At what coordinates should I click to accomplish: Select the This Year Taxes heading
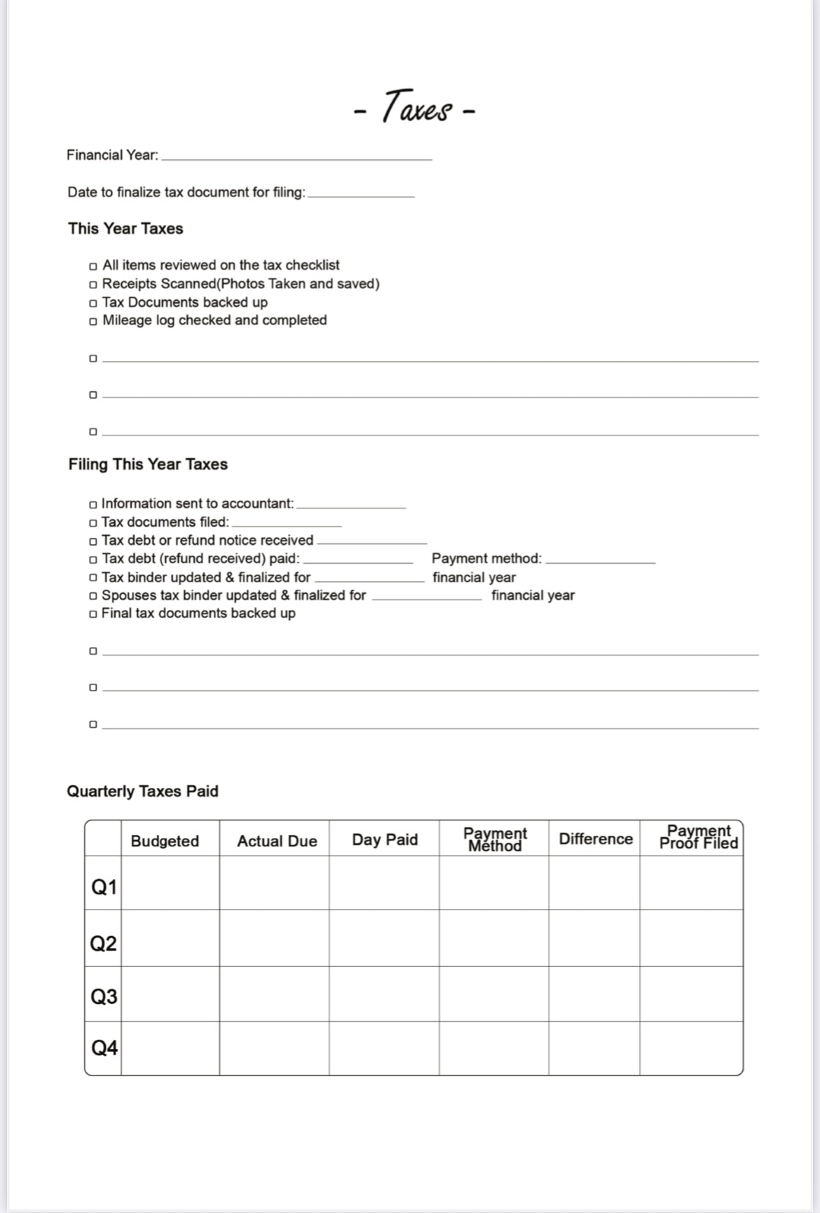pyautogui.click(x=125, y=229)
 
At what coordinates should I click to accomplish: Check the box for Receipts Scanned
pyautogui.click(x=93, y=285)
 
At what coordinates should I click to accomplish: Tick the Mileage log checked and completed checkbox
pyautogui.click(x=93, y=321)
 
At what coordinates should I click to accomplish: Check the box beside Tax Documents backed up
pyautogui.click(x=93, y=303)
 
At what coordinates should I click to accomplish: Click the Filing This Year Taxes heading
pyautogui.click(x=148, y=464)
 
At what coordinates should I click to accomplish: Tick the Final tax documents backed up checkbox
pyautogui.click(x=93, y=614)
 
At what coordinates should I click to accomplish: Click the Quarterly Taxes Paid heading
pyautogui.click(x=142, y=791)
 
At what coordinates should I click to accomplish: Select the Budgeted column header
pyautogui.click(x=165, y=841)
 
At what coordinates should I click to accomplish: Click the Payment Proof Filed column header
pyautogui.click(x=698, y=837)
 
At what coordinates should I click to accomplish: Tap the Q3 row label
pyautogui.click(x=104, y=996)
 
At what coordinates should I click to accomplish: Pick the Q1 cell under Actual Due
pyautogui.click(x=274, y=883)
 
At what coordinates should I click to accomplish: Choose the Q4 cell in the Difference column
pyautogui.click(x=594, y=1048)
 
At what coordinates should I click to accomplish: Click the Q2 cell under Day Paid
pyautogui.click(x=384, y=939)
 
